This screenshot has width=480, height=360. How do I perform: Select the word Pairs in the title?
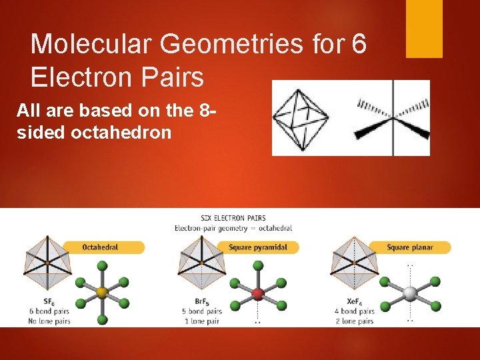(x=171, y=78)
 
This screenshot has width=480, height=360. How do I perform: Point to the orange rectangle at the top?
(x=424, y=28)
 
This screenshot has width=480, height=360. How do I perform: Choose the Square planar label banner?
(x=410, y=247)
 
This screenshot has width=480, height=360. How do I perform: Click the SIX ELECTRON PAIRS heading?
(x=233, y=218)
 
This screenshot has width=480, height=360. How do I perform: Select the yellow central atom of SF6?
(x=102, y=292)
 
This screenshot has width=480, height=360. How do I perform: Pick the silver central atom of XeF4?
(x=410, y=292)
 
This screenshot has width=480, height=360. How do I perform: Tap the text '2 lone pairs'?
(x=355, y=321)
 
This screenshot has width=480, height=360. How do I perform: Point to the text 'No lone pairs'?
(x=49, y=321)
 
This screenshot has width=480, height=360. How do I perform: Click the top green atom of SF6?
(x=102, y=265)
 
